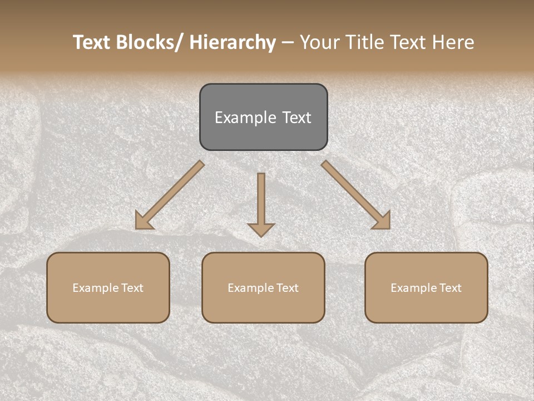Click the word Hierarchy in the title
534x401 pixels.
(232, 42)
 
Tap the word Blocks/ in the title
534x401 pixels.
(144, 42)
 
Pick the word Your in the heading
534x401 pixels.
(320, 42)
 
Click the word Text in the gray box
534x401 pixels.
(296, 118)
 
